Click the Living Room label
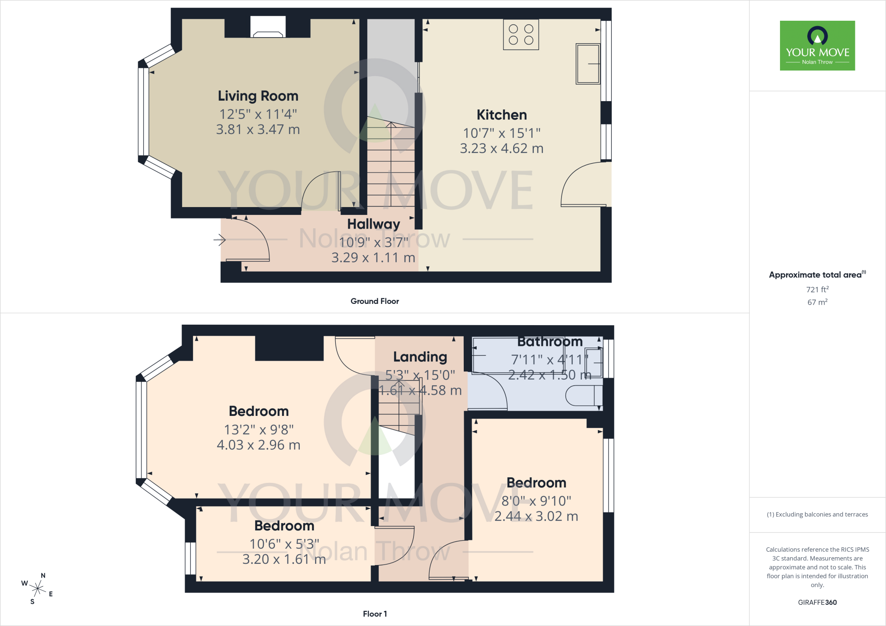258,96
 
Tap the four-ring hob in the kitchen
521,35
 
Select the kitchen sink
588,64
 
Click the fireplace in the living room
268,27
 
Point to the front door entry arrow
220,239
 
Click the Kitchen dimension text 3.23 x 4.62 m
501,148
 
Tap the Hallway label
373,224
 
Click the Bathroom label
550,342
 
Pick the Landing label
420,357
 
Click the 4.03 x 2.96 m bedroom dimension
258,445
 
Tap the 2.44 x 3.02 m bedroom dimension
536,516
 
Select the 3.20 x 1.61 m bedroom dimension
284,559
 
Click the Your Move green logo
817,45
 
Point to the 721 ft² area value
817,289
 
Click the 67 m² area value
817,302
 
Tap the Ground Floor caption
375,301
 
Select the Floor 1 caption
375,614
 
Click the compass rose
38,588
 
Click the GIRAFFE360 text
817,602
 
